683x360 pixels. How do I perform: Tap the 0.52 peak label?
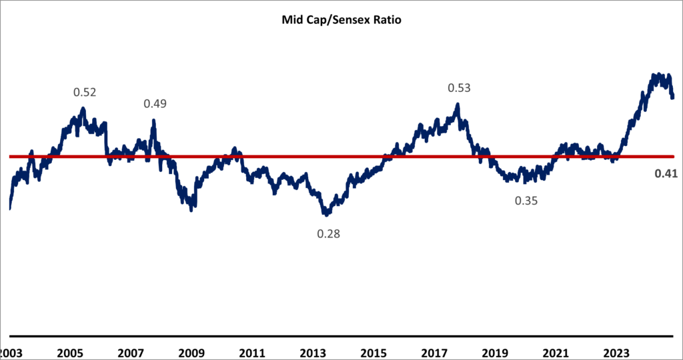tap(85, 93)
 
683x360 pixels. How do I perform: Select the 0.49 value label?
tap(155, 103)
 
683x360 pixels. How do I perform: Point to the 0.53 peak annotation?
tap(458, 88)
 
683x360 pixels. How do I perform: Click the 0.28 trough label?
tap(327, 234)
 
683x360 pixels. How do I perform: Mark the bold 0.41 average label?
tap(664, 174)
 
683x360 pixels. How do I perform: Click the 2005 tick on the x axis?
tap(71, 351)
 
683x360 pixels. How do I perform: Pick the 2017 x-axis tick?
tap(435, 351)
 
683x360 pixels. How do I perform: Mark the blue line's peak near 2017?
tap(458, 104)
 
